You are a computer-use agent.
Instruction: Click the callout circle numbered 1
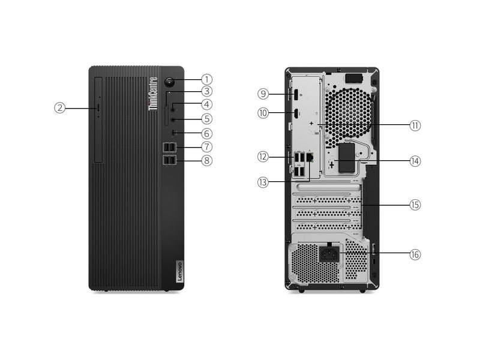[x=206, y=79]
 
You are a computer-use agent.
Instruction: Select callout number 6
[x=206, y=133]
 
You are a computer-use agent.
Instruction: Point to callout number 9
[x=262, y=94]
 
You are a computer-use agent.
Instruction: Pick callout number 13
[x=262, y=181]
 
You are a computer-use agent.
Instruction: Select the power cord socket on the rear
[x=328, y=253]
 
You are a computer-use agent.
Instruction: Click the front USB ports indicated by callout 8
[x=170, y=160]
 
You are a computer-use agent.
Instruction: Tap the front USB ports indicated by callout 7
[x=170, y=147]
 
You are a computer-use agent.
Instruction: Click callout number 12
[x=262, y=157]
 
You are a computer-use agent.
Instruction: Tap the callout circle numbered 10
[x=262, y=112]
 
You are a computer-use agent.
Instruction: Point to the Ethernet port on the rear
[x=310, y=157]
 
